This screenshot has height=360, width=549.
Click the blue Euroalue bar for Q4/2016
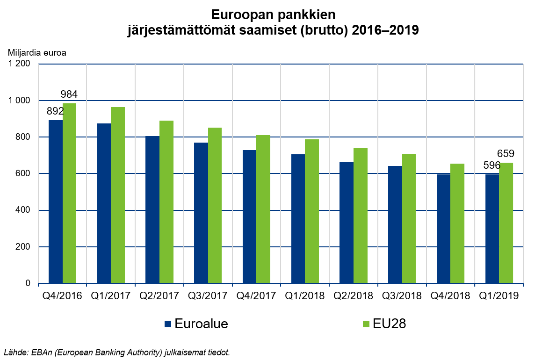(56, 202)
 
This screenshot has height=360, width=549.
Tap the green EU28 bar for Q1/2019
(506, 223)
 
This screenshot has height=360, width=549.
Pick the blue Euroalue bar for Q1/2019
(492, 229)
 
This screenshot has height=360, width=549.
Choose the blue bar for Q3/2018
(395, 224)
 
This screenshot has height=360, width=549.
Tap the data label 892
(54, 111)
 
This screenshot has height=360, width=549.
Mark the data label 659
(506, 154)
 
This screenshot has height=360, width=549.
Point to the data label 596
(491, 165)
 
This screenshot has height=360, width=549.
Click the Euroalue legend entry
(196, 324)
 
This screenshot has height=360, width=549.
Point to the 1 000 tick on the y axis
(20, 101)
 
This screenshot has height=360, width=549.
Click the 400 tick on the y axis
(22, 210)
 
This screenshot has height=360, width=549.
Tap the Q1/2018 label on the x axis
(304, 296)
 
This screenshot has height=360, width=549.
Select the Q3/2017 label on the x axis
(208, 296)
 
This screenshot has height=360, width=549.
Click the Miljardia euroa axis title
(37, 52)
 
